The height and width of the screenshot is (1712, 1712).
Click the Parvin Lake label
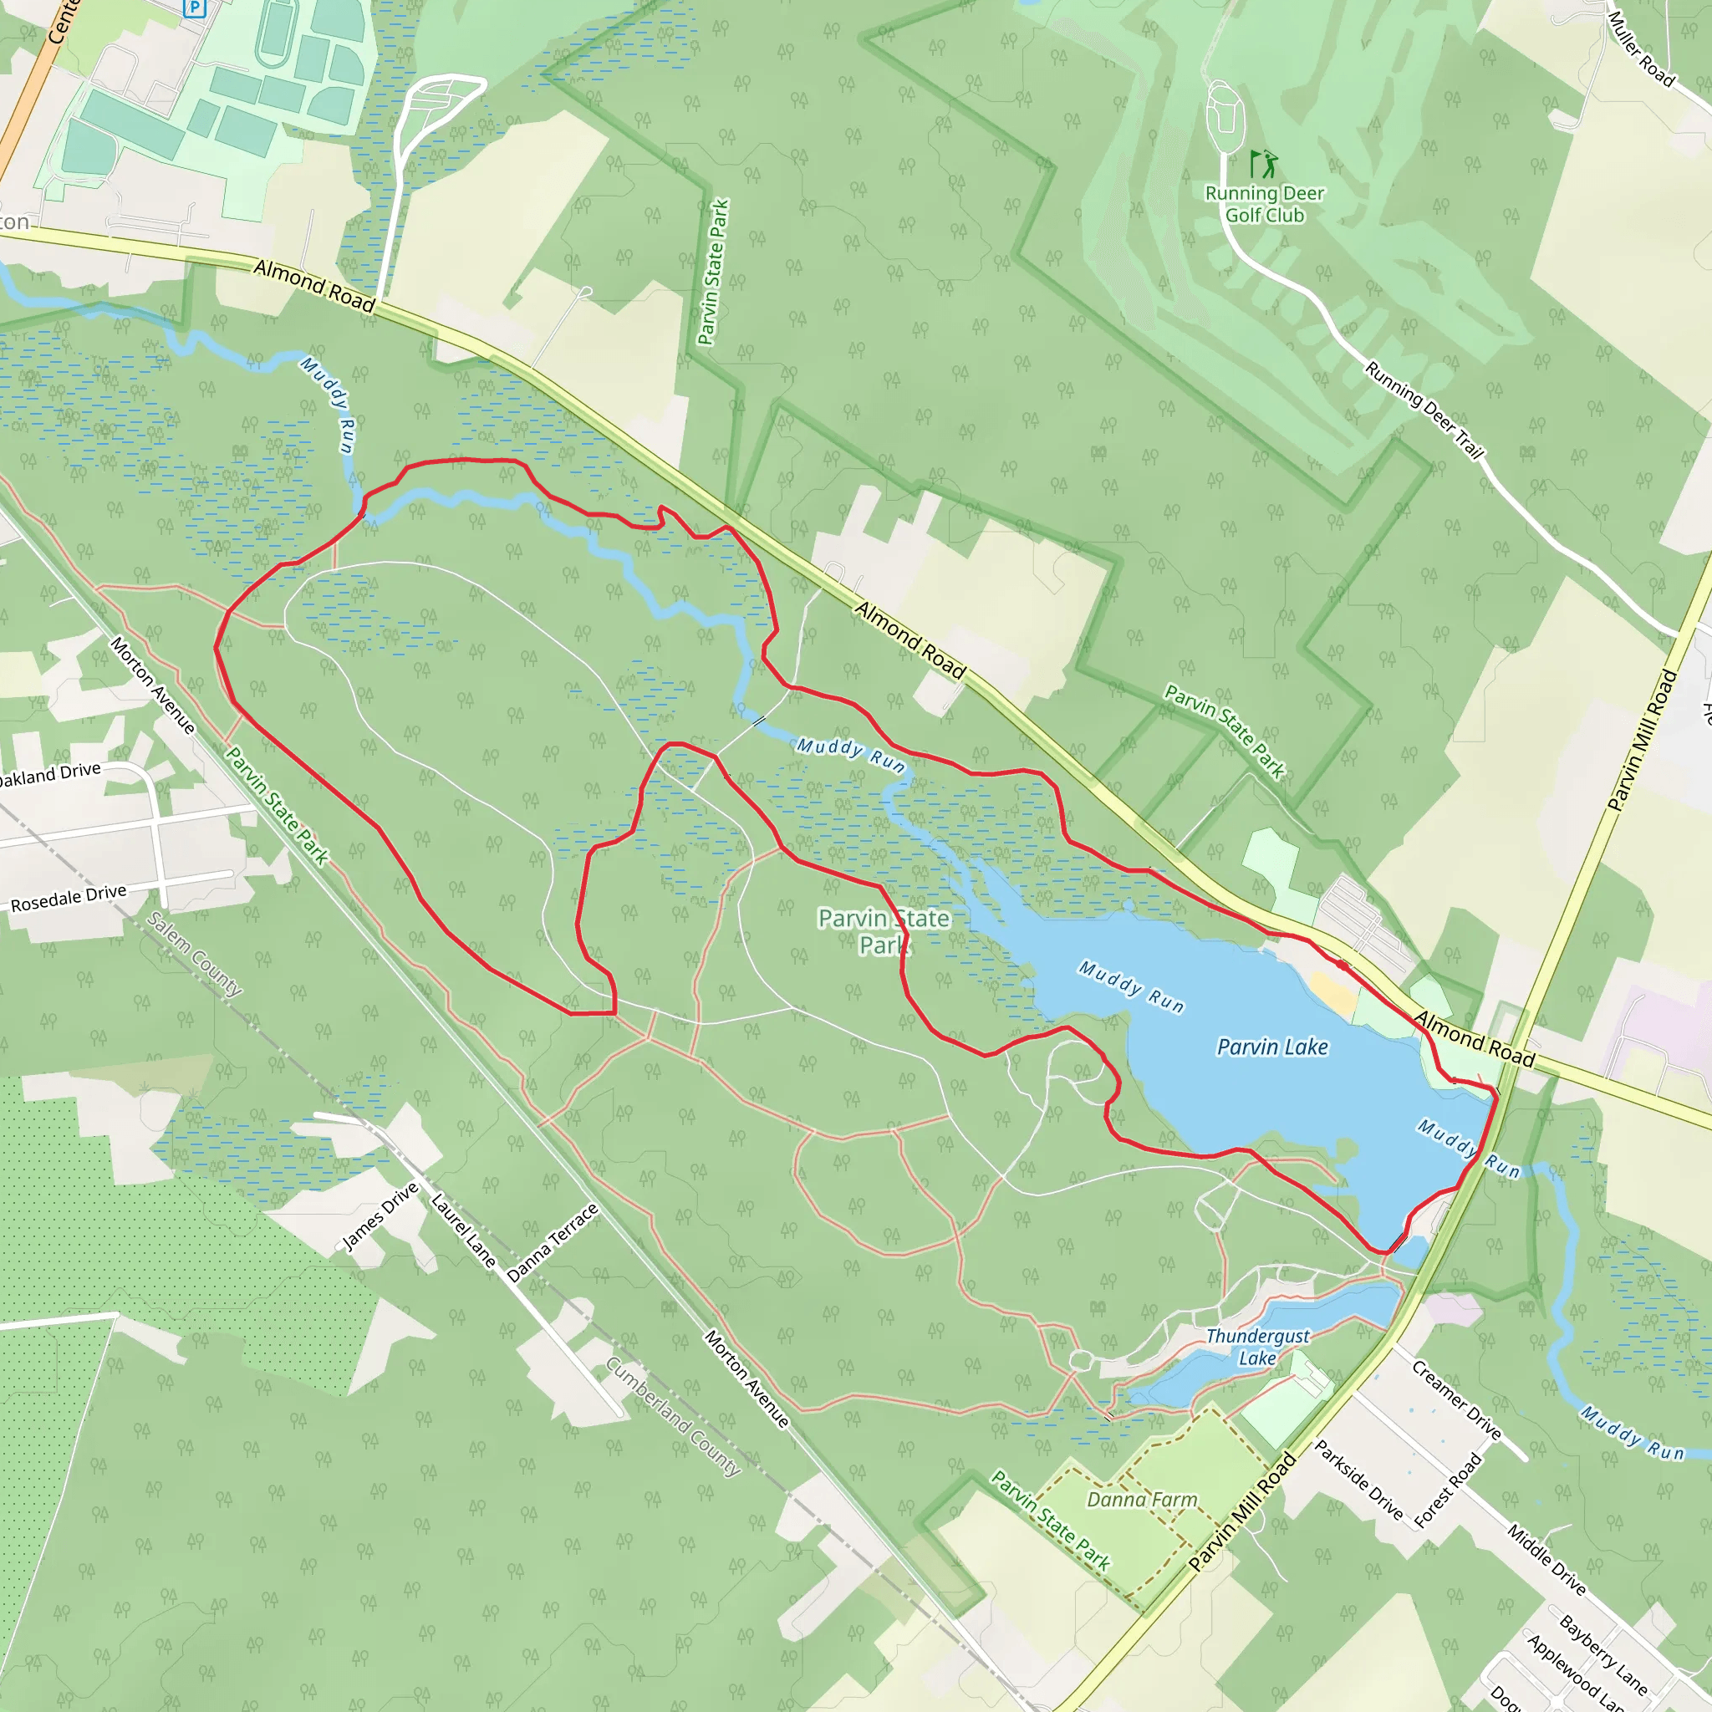coord(1272,1047)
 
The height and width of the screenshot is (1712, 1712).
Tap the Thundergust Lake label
coord(1257,1347)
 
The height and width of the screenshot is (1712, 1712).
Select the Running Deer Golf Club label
coord(1265,204)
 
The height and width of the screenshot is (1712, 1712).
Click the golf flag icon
coord(1264,164)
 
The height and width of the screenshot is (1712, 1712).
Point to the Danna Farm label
coord(1142,1500)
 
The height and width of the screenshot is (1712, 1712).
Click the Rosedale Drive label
coord(69,898)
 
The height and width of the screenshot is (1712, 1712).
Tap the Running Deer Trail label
coord(1423,410)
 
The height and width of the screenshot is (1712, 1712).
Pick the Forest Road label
coord(1448,1490)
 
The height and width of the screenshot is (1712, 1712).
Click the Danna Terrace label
coord(553,1242)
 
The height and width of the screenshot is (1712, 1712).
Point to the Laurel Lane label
coord(462,1230)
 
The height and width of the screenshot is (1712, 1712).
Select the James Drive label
coord(380,1216)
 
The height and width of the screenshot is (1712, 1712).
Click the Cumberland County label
coord(674,1416)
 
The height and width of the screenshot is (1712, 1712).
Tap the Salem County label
coord(194,954)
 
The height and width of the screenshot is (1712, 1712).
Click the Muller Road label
coord(1641,48)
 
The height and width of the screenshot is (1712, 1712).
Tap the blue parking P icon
coord(195,8)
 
